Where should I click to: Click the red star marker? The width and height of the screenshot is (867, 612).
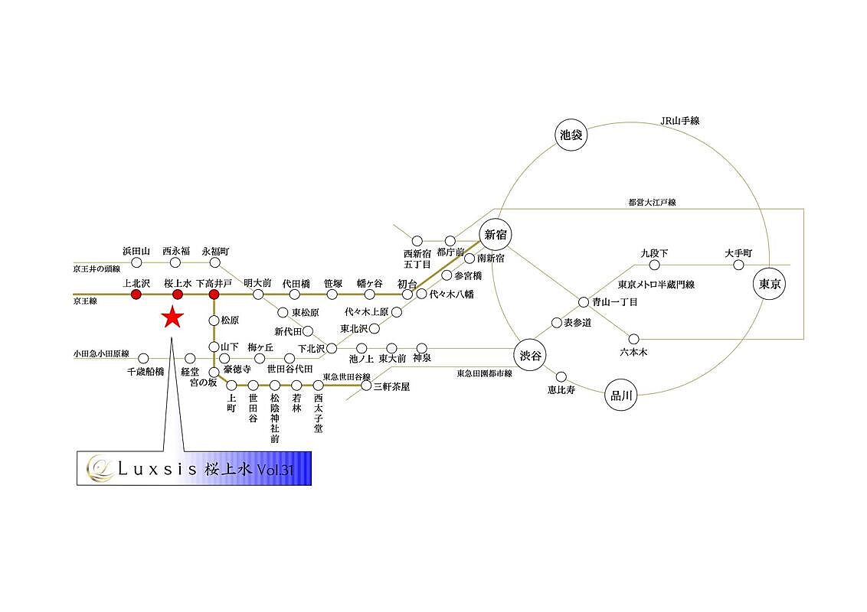pyautogui.click(x=173, y=316)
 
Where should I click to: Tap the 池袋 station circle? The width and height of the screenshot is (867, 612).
pyautogui.click(x=571, y=135)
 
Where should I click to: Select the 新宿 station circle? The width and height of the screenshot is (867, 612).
pyautogui.click(x=496, y=235)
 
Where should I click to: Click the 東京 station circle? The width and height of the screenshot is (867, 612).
pyautogui.click(x=767, y=282)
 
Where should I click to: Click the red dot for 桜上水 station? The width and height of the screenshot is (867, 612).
pyautogui.click(x=177, y=295)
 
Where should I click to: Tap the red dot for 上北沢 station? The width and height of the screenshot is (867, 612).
pyautogui.click(x=136, y=295)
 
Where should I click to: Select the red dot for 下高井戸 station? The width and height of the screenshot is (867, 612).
pyautogui.click(x=214, y=295)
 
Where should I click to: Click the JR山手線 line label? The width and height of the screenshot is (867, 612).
pyautogui.click(x=680, y=121)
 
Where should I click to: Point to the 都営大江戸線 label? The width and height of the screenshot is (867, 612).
pyautogui.click(x=652, y=203)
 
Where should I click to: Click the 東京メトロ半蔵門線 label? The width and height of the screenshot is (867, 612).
pyautogui.click(x=656, y=285)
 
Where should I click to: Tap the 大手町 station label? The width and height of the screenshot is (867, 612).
pyautogui.click(x=738, y=252)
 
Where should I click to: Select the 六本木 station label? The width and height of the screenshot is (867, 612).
pyautogui.click(x=633, y=352)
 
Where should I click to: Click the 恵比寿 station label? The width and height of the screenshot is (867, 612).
pyautogui.click(x=561, y=389)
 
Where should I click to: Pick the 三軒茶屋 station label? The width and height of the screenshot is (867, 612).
pyautogui.click(x=391, y=387)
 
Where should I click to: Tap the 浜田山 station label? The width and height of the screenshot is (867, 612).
pyautogui.click(x=136, y=251)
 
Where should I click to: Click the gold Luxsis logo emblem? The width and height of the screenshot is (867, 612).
pyautogui.click(x=97, y=467)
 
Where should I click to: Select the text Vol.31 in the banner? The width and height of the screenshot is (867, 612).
pyautogui.click(x=276, y=470)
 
